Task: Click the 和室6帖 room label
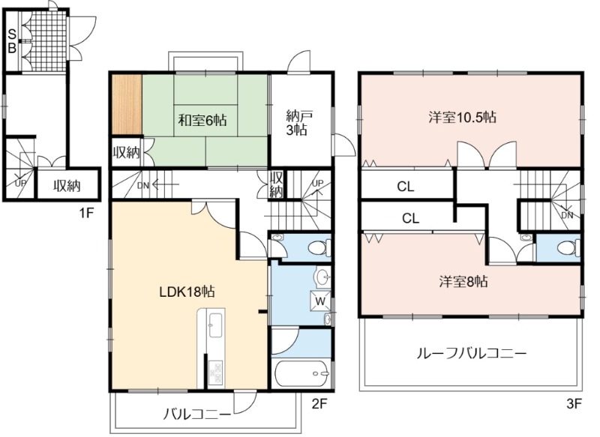click(x=202, y=121)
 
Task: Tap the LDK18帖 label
click(x=187, y=292)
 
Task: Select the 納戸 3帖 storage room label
click(x=296, y=123)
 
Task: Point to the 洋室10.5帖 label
click(x=462, y=117)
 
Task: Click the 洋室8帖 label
click(x=463, y=282)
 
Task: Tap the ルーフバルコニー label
click(x=472, y=353)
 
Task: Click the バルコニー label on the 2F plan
click(x=198, y=414)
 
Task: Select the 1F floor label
click(x=86, y=213)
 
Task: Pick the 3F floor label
click(x=574, y=404)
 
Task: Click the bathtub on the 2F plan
click(x=301, y=373)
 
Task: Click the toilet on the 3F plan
click(x=568, y=247)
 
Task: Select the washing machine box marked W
click(x=321, y=301)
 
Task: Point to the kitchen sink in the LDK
click(x=215, y=325)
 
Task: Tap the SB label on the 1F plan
click(x=12, y=42)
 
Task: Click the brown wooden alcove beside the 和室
click(x=127, y=104)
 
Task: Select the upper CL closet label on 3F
click(x=405, y=187)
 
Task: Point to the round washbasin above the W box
click(x=322, y=276)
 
